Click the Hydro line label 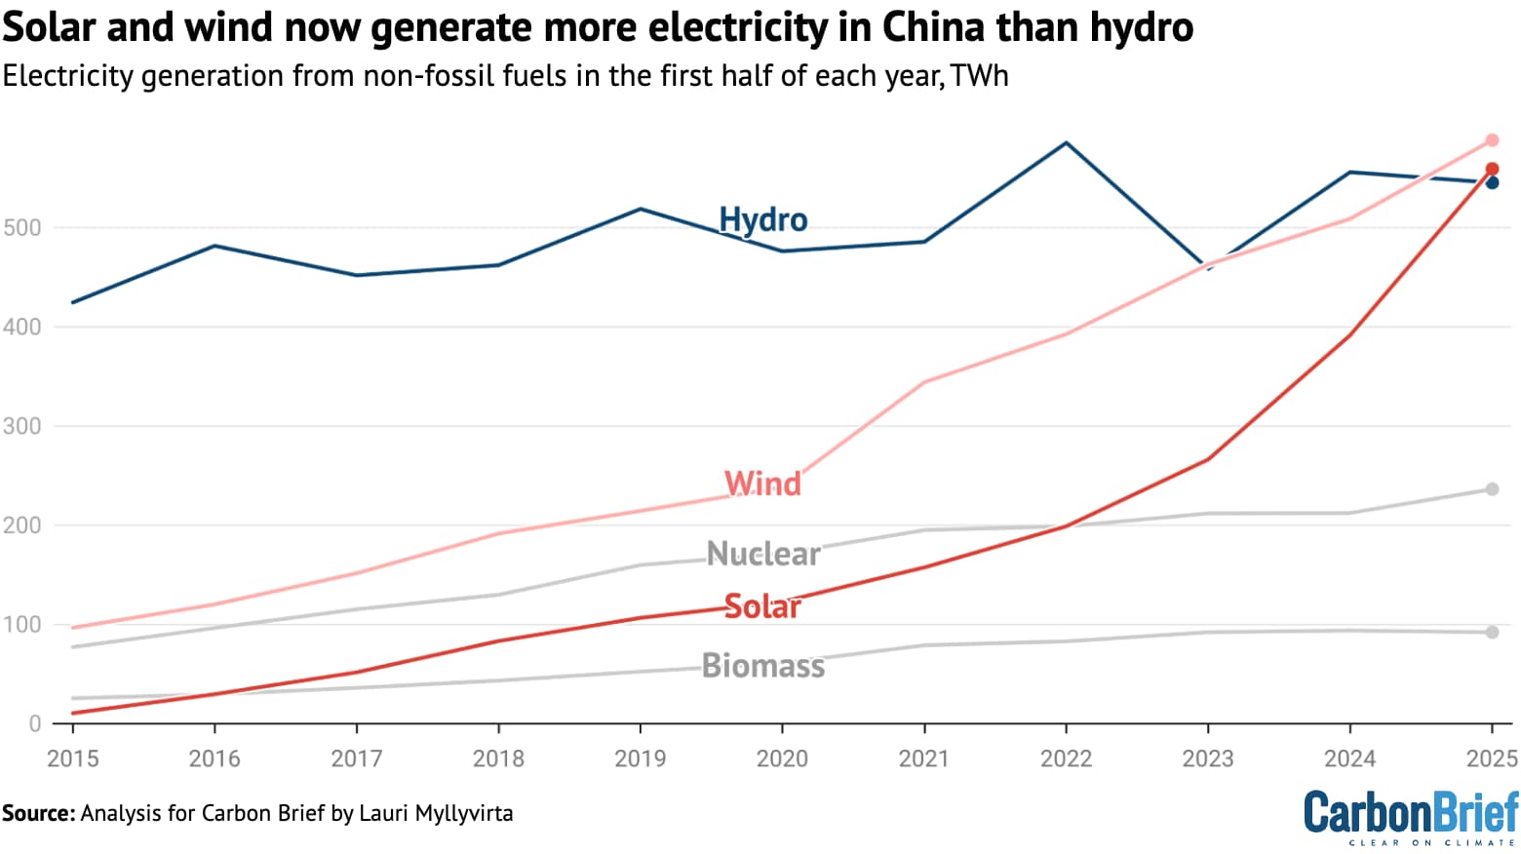coord(762,219)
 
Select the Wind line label coord(762,484)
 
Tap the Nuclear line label coord(762,554)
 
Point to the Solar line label coord(762,606)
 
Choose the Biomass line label coord(762,666)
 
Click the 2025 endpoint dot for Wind coord(1492,140)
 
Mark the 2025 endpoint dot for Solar coord(1492,169)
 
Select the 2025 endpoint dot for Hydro coord(1492,183)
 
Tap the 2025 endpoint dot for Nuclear coord(1492,489)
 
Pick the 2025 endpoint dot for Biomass coord(1492,633)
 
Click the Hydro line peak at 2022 coord(1066,143)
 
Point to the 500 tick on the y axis coord(22,228)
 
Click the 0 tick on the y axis coord(35,723)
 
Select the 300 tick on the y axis coord(22,426)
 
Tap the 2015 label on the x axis coord(73,758)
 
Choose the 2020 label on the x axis coord(782,758)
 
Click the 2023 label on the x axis coord(1208,758)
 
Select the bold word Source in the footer coord(37,813)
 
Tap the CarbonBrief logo coord(1411,816)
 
